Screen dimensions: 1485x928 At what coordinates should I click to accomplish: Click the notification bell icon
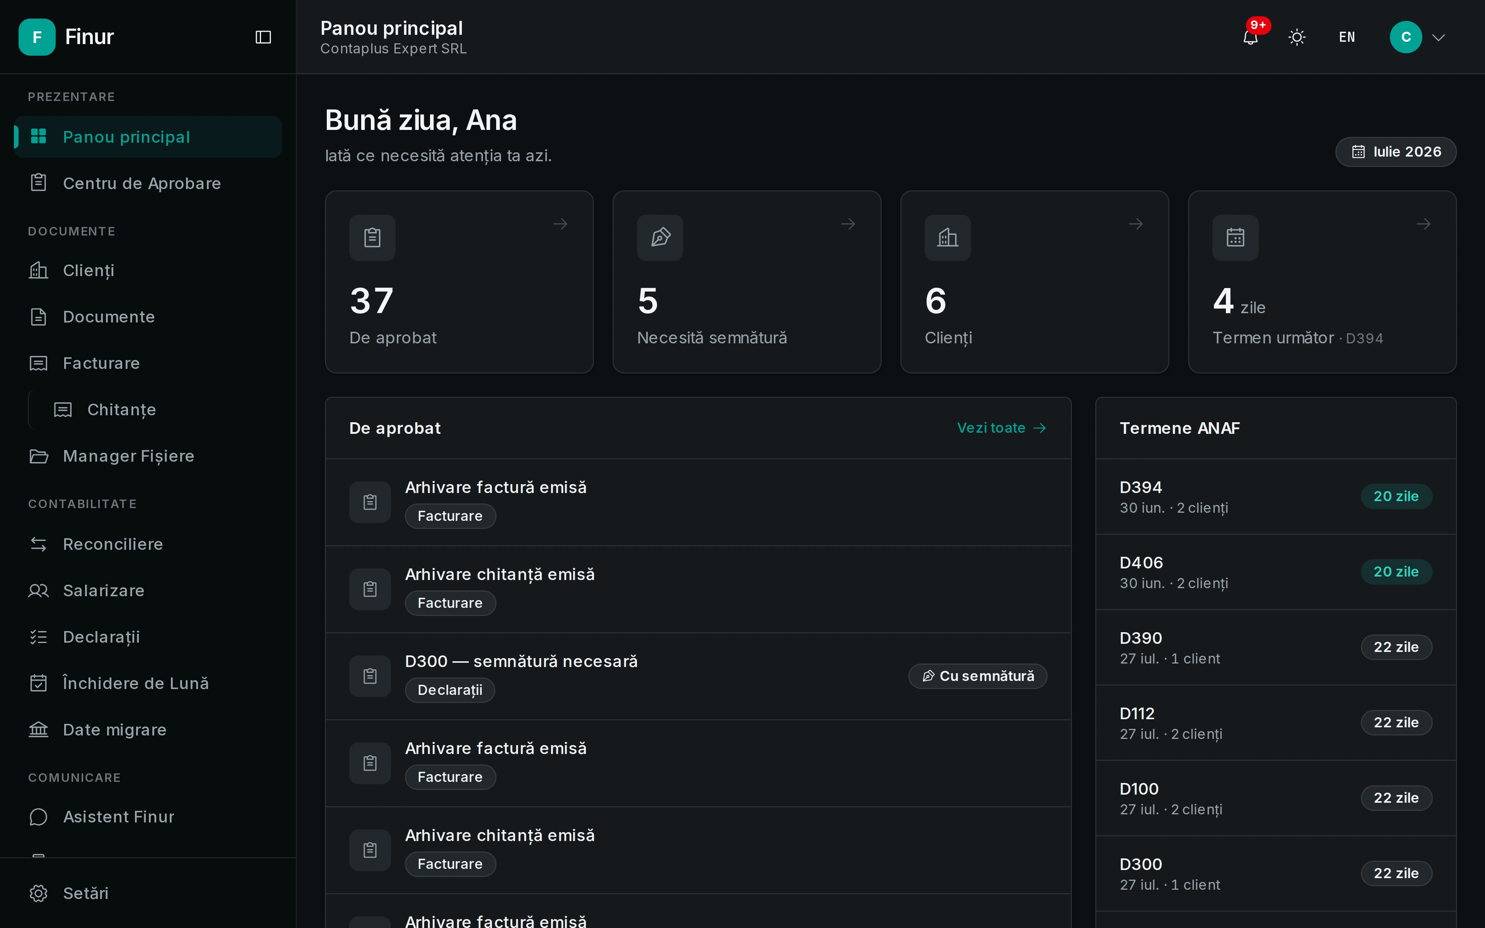pyautogui.click(x=1250, y=38)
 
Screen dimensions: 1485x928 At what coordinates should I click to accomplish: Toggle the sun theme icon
pyautogui.click(x=1297, y=38)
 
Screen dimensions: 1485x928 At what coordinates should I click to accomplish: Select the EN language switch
pyautogui.click(x=1347, y=38)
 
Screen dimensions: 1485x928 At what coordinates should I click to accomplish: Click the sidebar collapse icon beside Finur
pyautogui.click(x=263, y=38)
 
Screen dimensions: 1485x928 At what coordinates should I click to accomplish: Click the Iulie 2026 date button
pyautogui.click(x=1396, y=152)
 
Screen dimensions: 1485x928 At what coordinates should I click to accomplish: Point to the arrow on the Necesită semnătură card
pyautogui.click(x=848, y=224)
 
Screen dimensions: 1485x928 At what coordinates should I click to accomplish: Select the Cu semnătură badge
pyautogui.click(x=978, y=676)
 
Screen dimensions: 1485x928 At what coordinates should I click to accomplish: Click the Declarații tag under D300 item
pyautogui.click(x=450, y=690)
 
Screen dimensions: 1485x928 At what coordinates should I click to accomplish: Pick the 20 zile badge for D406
pyautogui.click(x=1396, y=571)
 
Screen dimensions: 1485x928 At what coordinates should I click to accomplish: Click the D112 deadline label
pyautogui.click(x=1137, y=713)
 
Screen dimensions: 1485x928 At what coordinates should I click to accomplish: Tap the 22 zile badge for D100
pyautogui.click(x=1396, y=798)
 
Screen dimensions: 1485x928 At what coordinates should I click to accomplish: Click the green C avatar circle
pyautogui.click(x=1406, y=38)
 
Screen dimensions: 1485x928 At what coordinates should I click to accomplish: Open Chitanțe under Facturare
pyautogui.click(x=121, y=409)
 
